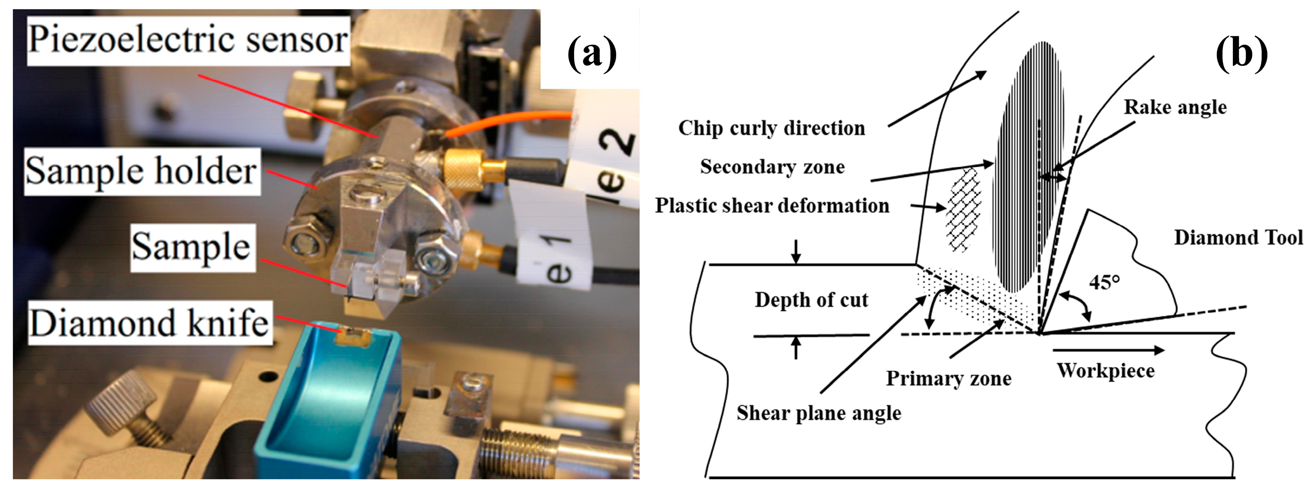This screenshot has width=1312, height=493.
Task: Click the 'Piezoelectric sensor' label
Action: tap(187, 40)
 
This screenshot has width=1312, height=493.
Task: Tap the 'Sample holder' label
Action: tap(141, 171)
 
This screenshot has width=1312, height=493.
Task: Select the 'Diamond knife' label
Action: tap(149, 323)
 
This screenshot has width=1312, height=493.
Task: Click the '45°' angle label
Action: tap(1104, 282)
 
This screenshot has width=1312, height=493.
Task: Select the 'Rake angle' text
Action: tap(1175, 107)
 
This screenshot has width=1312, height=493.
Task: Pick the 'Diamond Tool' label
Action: tap(1238, 238)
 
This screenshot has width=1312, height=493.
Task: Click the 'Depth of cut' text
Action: tap(811, 300)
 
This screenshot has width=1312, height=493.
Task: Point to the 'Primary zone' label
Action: tap(948, 378)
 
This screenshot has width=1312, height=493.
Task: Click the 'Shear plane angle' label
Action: tap(818, 413)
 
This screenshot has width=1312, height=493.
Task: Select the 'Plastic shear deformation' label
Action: tap(772, 206)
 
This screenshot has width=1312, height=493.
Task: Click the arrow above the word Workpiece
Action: tap(1108, 350)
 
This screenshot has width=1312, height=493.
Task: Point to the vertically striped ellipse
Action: tap(1026, 168)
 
